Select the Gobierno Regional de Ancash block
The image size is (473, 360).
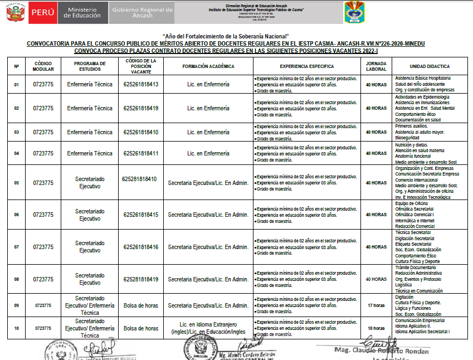point(143,12)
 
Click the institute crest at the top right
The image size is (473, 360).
point(354,12)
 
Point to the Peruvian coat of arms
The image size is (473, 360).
point(12,12)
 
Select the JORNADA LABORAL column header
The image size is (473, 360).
point(376,66)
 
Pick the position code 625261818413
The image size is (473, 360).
point(141,85)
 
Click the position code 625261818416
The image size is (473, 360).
point(141,247)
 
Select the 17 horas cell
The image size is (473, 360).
point(376,305)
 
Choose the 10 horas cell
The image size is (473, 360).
point(376,328)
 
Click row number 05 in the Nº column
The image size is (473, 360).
point(16,183)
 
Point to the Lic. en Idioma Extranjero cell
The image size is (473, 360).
point(208,328)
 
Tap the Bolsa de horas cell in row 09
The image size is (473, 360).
point(141,305)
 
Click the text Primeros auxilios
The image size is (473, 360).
point(412,126)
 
